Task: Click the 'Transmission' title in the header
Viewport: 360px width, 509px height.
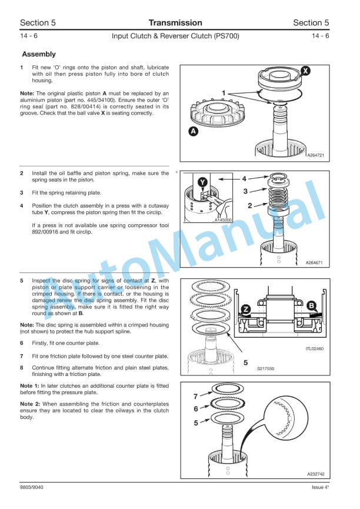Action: click(x=175, y=23)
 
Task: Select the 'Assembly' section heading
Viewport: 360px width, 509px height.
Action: click(x=38, y=54)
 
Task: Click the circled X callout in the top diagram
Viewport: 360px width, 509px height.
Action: click(x=304, y=71)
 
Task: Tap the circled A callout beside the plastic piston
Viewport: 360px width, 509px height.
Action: click(x=193, y=132)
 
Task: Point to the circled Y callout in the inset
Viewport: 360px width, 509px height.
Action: click(x=202, y=182)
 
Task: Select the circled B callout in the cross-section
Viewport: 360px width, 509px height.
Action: click(x=311, y=305)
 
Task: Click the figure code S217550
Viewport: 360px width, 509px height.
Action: click(x=266, y=368)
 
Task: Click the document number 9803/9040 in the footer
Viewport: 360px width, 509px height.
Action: click(x=31, y=487)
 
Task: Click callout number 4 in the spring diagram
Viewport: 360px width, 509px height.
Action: click(x=244, y=178)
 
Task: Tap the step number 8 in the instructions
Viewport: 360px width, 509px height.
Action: click(x=22, y=368)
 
